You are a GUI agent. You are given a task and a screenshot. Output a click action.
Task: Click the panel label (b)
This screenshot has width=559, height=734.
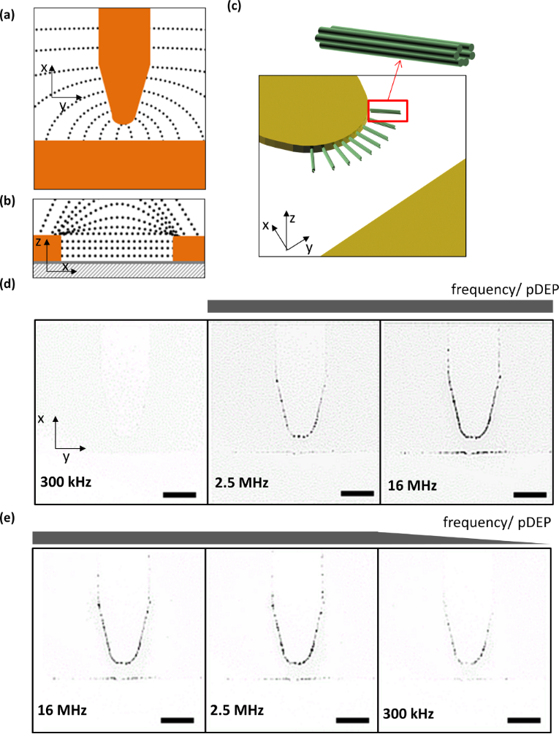(x=9, y=202)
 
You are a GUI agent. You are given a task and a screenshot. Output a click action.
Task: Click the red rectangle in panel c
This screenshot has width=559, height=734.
(x=387, y=110)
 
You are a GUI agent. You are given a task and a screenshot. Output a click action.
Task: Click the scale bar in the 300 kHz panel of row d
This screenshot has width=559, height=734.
(x=179, y=494)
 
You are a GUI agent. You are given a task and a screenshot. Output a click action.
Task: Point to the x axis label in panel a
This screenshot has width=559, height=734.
(x=45, y=67)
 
